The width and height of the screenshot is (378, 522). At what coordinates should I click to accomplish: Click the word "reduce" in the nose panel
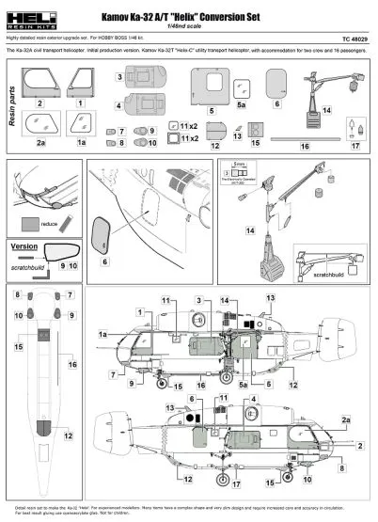50,224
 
